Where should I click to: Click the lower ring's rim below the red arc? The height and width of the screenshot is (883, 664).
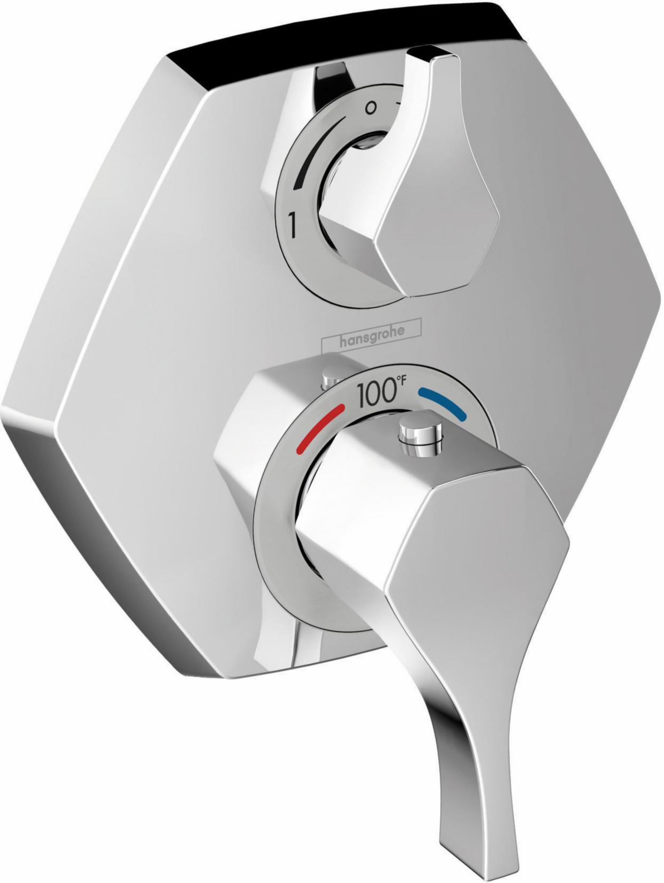(282, 508)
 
